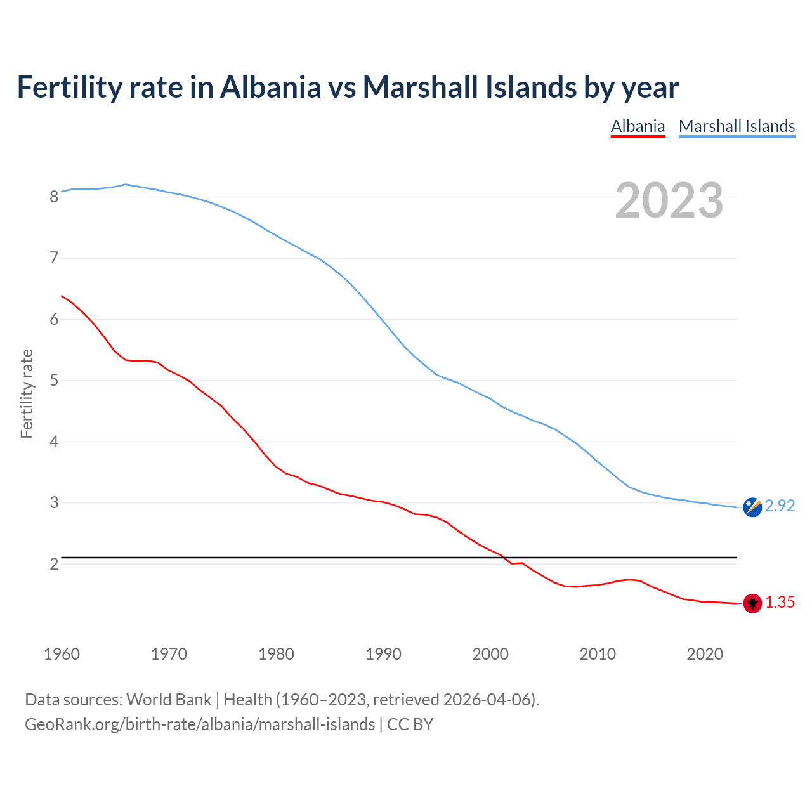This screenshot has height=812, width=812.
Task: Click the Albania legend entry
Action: point(638,126)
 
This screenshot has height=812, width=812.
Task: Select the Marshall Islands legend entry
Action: point(737,126)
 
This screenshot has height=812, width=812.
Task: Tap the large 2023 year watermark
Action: point(669,200)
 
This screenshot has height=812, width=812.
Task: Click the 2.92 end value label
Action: point(780,506)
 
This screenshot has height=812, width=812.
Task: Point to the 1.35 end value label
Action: point(780,602)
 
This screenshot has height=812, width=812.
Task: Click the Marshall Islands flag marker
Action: point(752,507)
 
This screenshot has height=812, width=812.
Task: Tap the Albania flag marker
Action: point(752,603)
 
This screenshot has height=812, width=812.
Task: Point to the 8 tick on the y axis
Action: point(54,197)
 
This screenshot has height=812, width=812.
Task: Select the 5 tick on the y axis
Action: point(54,381)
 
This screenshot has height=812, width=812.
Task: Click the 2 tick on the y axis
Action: point(54,564)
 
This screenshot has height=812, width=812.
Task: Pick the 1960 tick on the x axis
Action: point(62,654)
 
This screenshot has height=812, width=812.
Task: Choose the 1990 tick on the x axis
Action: point(383,654)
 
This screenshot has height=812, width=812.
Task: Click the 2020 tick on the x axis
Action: point(705,654)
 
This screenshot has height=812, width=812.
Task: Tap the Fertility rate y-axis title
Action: point(27,393)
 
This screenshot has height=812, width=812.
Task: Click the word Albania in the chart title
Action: point(271,87)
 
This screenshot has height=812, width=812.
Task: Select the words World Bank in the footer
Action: point(169,700)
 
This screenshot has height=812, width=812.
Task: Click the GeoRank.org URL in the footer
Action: point(200,724)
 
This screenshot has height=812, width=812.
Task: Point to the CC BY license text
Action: point(410,724)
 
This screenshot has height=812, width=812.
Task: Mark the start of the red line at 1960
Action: point(62,296)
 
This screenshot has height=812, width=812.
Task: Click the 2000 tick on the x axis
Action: point(490,654)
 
